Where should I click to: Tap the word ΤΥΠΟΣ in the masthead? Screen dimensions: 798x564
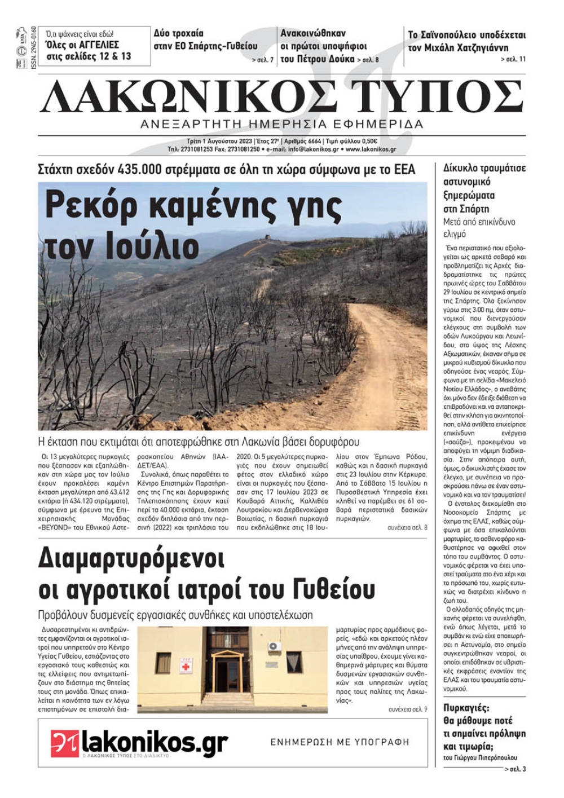[437, 96]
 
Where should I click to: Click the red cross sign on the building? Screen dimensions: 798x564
[185, 667]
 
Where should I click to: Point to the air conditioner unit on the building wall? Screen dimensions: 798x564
[274, 646]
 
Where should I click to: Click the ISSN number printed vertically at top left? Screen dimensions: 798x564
[33, 49]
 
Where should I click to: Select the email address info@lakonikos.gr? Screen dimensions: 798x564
[313, 149]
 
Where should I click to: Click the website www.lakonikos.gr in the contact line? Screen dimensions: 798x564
[371, 149]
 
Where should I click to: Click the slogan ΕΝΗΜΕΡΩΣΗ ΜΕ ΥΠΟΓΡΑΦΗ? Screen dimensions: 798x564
[340, 742]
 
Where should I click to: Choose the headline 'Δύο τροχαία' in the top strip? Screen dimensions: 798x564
[179, 33]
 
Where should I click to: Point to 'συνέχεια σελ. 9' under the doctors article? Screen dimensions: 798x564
[408, 709]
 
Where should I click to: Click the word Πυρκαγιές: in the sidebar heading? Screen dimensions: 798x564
[466, 708]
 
